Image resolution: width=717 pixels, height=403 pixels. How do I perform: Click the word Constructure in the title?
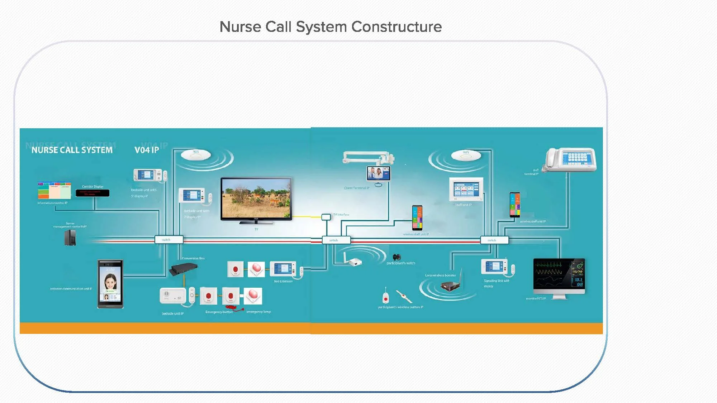pos(397,27)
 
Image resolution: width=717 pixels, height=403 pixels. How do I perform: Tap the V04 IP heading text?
pos(147,150)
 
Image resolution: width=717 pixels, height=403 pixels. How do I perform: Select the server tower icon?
pos(70,238)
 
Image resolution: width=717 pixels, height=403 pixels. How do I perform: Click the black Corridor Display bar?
pos(92,193)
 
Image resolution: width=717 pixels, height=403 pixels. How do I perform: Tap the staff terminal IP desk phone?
pos(571,160)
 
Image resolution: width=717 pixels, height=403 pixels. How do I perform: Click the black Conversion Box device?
pos(184,269)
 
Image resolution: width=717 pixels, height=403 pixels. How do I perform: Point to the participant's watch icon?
pos(396,257)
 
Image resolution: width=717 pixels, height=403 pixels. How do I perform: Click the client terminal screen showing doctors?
pos(378,174)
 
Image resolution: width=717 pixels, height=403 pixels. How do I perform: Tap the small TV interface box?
pos(326,217)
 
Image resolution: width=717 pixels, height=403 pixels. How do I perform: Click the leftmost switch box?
pos(169,240)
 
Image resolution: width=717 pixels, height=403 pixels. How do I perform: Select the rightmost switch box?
pos(494,240)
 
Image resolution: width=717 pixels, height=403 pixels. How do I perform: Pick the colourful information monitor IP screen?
pos(54,191)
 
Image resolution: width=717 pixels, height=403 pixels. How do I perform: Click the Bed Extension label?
pos(283,281)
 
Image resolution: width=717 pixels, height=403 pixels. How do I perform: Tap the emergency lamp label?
pos(258,312)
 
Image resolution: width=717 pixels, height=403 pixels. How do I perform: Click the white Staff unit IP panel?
pos(466,189)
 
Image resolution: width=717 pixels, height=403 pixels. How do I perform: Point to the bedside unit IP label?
pos(172,313)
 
